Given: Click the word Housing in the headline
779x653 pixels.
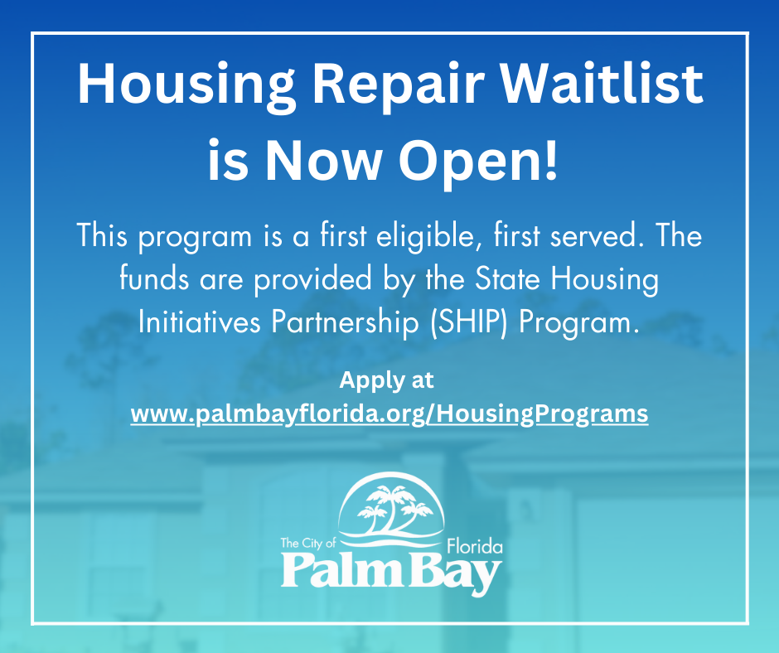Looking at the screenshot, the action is tap(186, 84).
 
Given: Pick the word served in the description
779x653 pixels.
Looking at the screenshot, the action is tap(593, 235).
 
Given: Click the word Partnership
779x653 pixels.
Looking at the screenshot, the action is tap(345, 323).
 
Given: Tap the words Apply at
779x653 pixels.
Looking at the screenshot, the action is tap(386, 381).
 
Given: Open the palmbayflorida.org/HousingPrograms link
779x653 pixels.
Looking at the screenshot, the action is tap(389, 414).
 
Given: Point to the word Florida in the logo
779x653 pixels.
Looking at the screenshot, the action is tap(475, 547).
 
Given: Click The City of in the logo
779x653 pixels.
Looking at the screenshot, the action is tap(308, 543).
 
